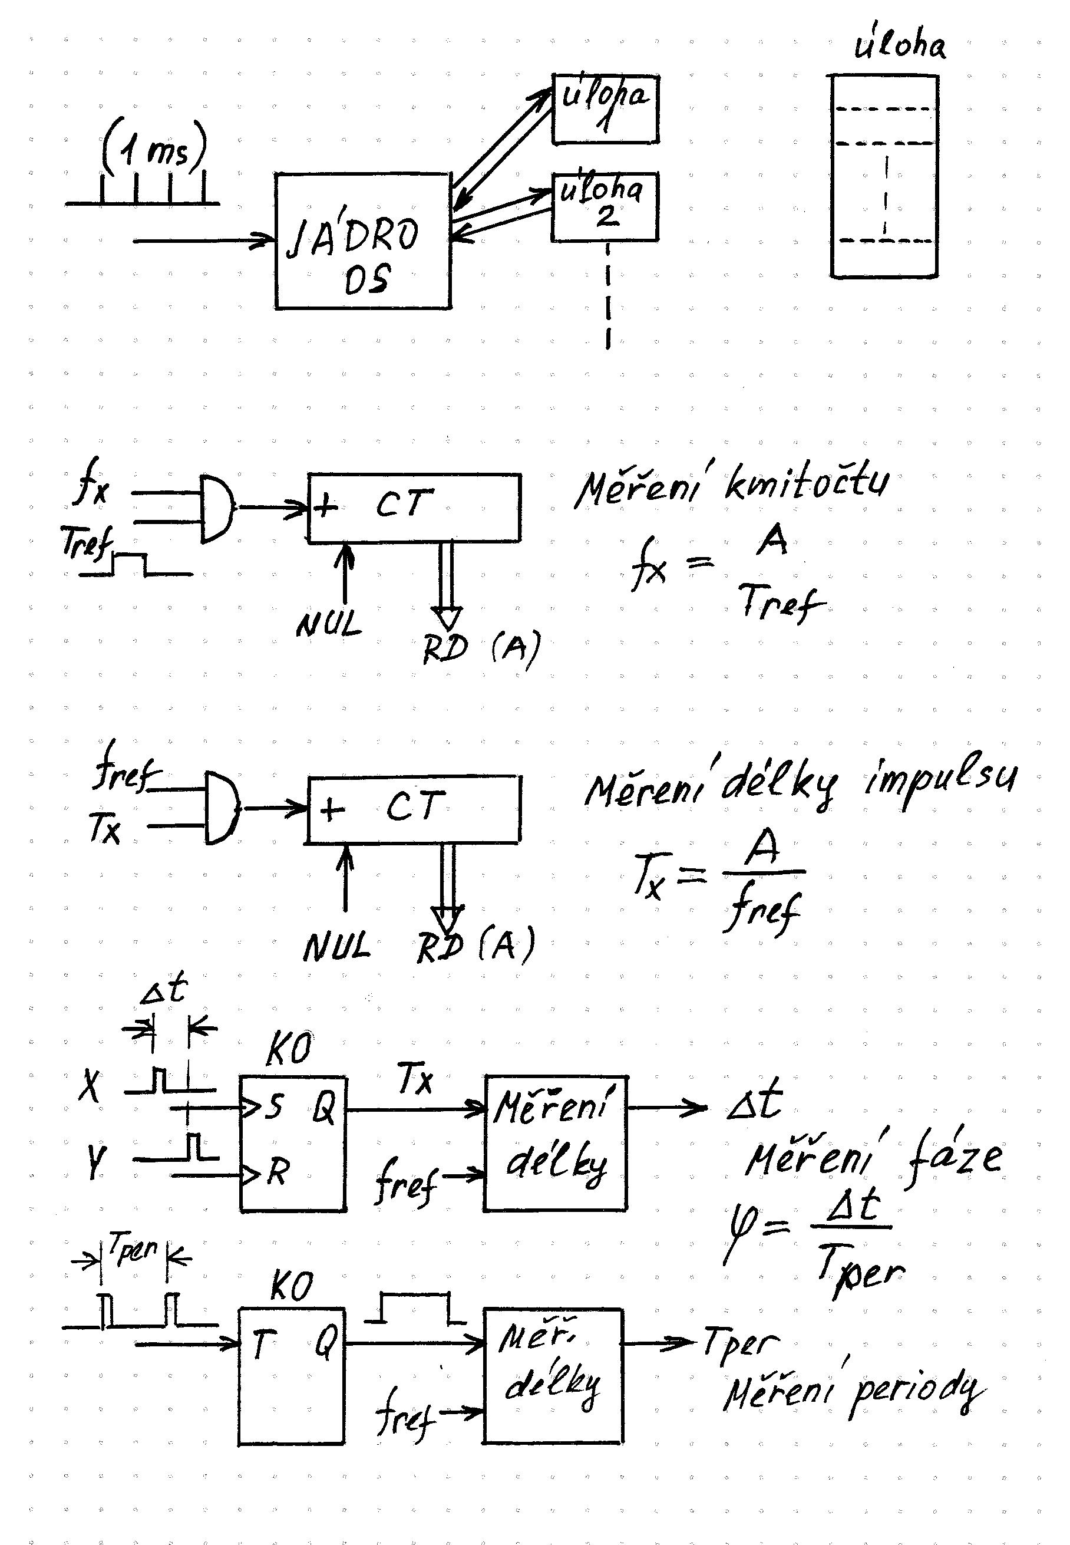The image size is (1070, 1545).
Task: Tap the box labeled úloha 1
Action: tap(605, 108)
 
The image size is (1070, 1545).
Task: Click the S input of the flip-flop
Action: tap(272, 1107)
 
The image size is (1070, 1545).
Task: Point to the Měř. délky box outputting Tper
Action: tap(554, 1375)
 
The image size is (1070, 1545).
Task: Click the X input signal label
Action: tap(90, 1086)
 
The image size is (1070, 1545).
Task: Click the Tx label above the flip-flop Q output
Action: tap(415, 1080)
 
